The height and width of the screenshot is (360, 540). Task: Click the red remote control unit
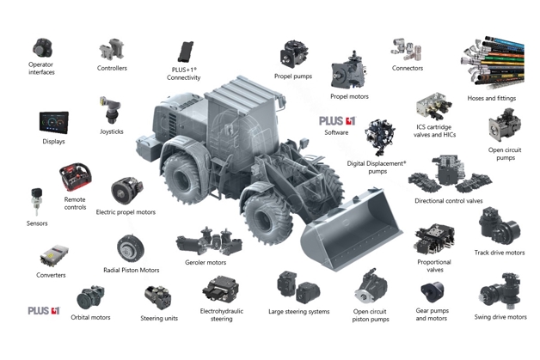pyautogui.click(x=76, y=176)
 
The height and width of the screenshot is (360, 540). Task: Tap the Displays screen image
pyautogui.click(x=54, y=122)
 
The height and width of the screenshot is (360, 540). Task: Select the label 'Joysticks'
pyautogui.click(x=112, y=131)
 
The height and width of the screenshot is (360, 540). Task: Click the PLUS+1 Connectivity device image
pyautogui.click(x=186, y=52)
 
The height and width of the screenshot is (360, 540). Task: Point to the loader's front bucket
pyautogui.click(x=352, y=229)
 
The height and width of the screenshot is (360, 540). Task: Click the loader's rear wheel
pyautogui.click(x=181, y=176)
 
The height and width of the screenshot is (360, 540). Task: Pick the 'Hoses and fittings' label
pyautogui.click(x=492, y=98)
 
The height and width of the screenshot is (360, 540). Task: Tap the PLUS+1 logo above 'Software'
pyautogui.click(x=337, y=121)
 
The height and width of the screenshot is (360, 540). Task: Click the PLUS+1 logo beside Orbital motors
pyautogui.click(x=44, y=311)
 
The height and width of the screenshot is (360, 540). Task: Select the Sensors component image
pyautogui.click(x=36, y=201)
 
